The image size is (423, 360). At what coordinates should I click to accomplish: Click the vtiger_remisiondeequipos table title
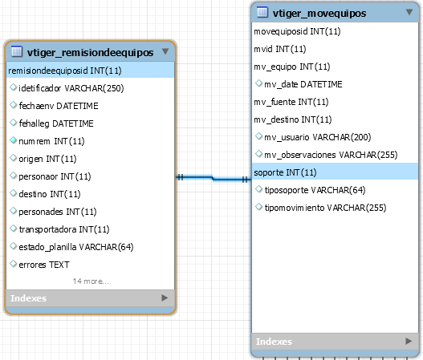click(x=90, y=52)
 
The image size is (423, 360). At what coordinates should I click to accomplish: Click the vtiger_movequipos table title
click(x=319, y=13)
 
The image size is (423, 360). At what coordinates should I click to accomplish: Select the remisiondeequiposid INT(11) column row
click(x=65, y=71)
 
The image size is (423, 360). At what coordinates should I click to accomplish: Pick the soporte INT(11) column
click(x=285, y=172)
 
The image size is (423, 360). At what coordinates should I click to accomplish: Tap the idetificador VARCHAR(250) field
click(x=71, y=88)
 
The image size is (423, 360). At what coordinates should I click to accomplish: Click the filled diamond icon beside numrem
click(x=13, y=140)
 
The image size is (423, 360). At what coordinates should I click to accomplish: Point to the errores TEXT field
click(x=44, y=265)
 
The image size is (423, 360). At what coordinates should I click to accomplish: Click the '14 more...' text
click(x=91, y=281)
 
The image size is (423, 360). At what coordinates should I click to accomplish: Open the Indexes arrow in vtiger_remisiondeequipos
click(x=165, y=297)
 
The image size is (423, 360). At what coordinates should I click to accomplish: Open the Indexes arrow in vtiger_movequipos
click(x=409, y=341)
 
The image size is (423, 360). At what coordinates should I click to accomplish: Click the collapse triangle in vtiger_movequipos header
click(x=409, y=12)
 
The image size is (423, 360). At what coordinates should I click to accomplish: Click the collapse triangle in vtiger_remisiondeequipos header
click(x=165, y=51)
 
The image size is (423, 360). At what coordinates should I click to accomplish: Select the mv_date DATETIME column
click(x=303, y=84)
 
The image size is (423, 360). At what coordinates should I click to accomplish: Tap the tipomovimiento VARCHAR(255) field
click(x=325, y=208)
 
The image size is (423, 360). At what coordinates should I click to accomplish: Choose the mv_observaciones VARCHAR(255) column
click(x=331, y=155)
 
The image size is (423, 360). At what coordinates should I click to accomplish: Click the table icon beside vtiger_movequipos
click(x=262, y=12)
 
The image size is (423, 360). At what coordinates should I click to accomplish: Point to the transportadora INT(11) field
click(x=64, y=229)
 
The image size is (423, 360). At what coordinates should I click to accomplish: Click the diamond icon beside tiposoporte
click(x=258, y=189)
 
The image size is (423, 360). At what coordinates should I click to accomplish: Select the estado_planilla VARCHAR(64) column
click(x=76, y=247)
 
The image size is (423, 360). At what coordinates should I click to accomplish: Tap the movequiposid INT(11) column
click(x=297, y=31)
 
